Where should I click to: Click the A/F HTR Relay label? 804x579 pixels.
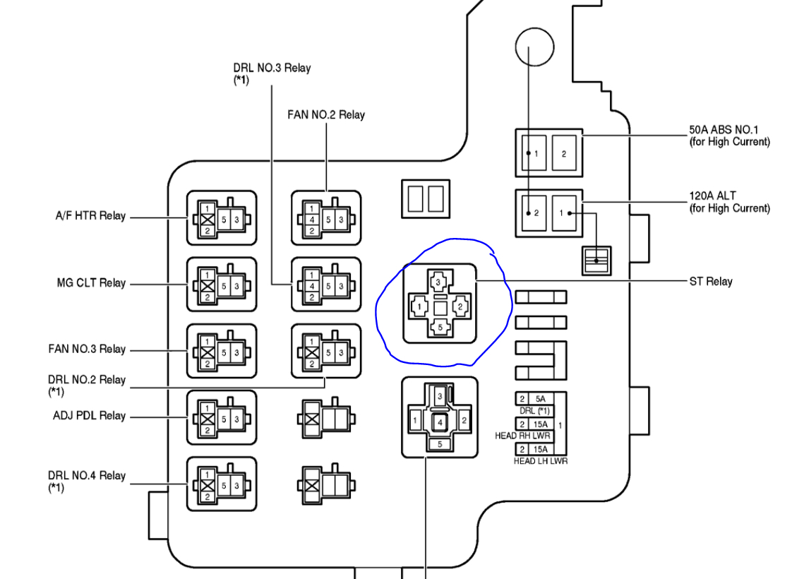tap(90, 216)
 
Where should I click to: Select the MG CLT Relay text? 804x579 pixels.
tap(91, 283)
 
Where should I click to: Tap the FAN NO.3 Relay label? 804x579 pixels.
tap(87, 349)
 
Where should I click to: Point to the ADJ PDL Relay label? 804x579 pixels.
tap(89, 415)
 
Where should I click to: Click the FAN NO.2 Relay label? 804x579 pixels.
tap(326, 114)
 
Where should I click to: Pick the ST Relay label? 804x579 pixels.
tap(710, 281)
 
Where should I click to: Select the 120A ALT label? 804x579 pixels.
tap(713, 196)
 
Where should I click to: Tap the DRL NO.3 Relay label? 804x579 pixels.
tap(272, 68)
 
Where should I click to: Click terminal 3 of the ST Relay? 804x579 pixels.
tap(438, 282)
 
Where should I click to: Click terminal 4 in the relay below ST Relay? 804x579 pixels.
tap(440, 422)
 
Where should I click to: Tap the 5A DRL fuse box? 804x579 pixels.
tap(541, 398)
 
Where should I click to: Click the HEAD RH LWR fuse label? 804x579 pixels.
tap(522, 436)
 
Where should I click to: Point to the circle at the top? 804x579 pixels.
tap(532, 47)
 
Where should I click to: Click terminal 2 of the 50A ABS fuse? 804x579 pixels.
tap(564, 153)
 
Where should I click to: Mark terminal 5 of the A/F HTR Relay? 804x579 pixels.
tap(224, 219)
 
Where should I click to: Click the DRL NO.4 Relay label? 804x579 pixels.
tap(87, 475)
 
